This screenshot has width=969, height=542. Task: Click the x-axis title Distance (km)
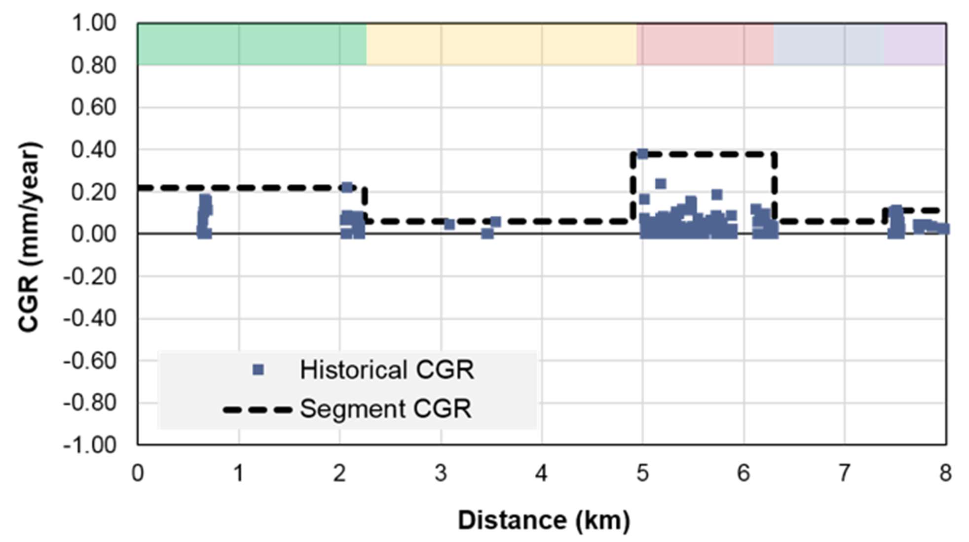click(x=544, y=520)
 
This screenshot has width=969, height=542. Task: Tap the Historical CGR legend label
click(x=387, y=370)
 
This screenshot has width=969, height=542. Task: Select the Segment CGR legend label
click(x=385, y=409)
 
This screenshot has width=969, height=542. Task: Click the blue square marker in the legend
click(x=258, y=370)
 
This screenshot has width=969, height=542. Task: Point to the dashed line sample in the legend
click(x=257, y=409)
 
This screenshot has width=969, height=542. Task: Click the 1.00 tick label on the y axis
click(x=94, y=23)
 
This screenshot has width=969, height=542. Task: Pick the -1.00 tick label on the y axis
click(x=90, y=445)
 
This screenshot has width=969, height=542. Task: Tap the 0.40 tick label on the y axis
click(x=94, y=150)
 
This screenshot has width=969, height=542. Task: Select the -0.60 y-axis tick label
click(x=90, y=361)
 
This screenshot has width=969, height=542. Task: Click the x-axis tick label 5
click(x=642, y=474)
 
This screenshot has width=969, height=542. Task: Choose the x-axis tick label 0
click(x=138, y=474)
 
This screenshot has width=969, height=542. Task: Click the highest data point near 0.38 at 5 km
click(x=642, y=154)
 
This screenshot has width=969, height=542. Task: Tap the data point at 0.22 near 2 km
click(x=347, y=187)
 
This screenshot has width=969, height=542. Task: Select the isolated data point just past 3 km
click(x=449, y=225)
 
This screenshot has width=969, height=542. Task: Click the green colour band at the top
click(x=252, y=44)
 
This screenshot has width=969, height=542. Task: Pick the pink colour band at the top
click(x=705, y=44)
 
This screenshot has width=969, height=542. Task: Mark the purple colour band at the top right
click(x=914, y=44)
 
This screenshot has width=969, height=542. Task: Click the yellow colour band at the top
click(x=501, y=44)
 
